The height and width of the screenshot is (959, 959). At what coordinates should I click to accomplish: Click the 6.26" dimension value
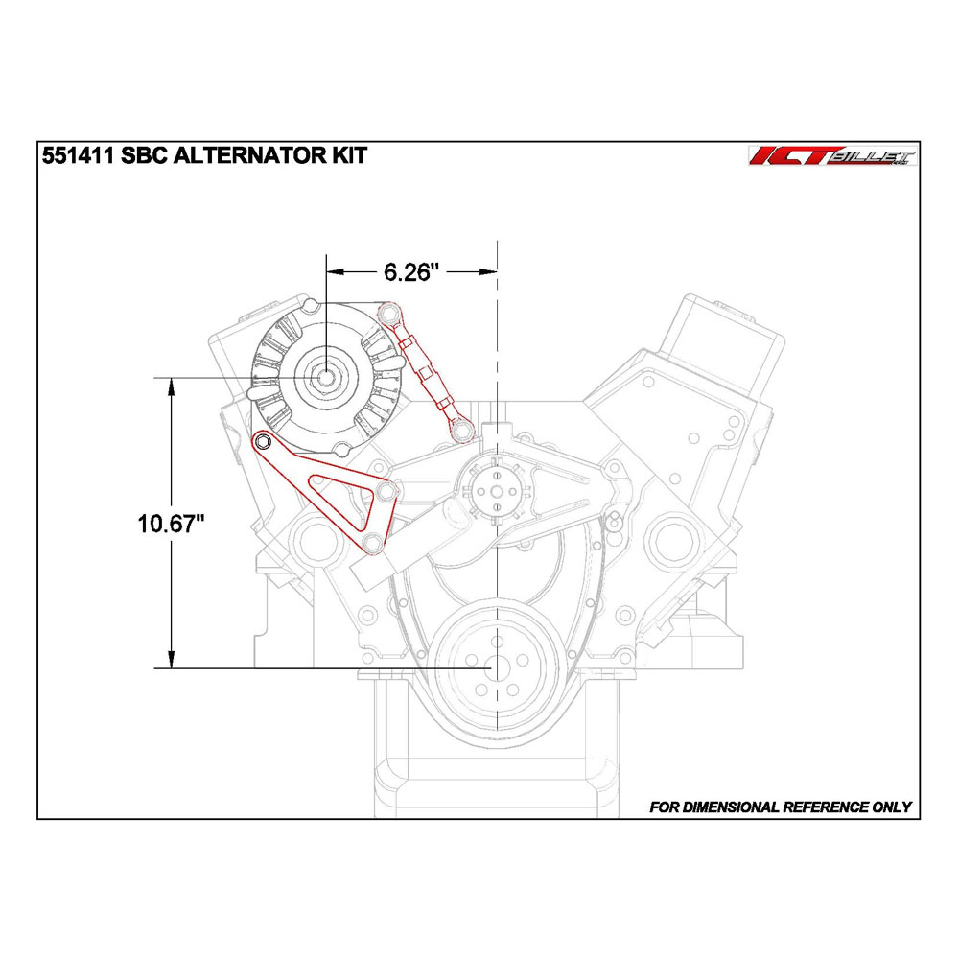click(411, 272)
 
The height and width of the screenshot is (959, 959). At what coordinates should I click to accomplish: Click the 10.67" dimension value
click(171, 525)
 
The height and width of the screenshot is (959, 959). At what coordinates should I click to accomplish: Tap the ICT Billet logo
click(833, 156)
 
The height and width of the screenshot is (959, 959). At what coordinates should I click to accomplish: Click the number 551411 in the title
click(78, 155)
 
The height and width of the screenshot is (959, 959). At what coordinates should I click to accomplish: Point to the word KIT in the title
click(349, 155)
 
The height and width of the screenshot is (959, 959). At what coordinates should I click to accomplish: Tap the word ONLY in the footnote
click(892, 807)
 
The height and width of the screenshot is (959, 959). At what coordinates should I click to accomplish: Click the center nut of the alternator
click(326, 377)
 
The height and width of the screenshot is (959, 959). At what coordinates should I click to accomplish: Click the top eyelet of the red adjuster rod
click(387, 314)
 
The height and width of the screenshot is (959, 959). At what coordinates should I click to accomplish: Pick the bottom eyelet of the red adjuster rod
click(462, 432)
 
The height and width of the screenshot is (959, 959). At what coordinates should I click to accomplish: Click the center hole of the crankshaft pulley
click(497, 667)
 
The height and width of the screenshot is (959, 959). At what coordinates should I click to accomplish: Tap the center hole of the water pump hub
click(497, 491)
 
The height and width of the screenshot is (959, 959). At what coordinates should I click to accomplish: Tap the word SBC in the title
click(144, 155)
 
